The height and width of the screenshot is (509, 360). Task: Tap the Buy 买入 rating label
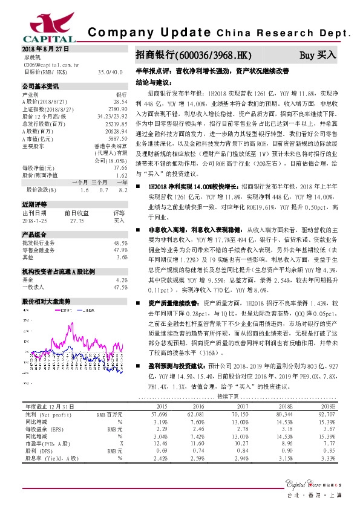[x=318, y=56]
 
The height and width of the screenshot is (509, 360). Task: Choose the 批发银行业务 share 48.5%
[x=120, y=243]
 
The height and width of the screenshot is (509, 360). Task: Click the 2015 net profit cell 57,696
[x=159, y=413]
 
